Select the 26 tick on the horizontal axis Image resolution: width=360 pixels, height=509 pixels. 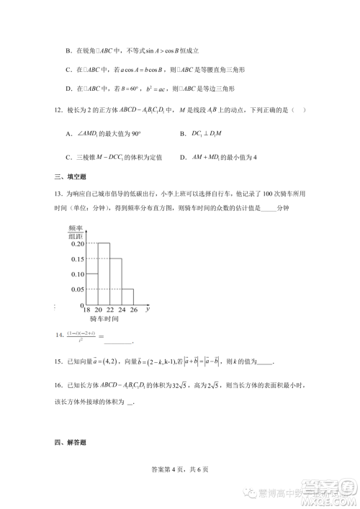(x=133, y=309)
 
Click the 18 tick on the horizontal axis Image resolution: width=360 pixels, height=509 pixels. (x=86, y=309)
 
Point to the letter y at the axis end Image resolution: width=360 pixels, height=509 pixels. (x=147, y=308)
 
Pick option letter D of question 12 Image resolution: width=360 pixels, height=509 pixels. (x=183, y=156)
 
